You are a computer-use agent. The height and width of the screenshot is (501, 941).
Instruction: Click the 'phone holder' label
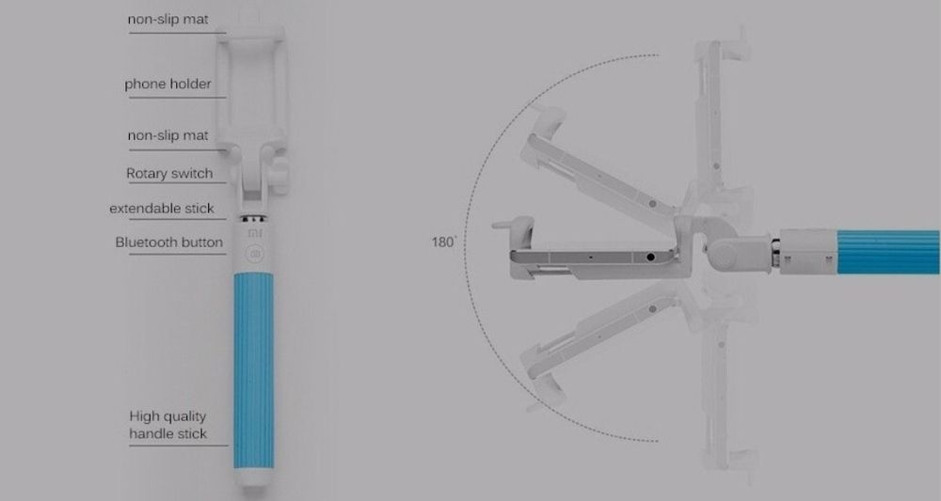pos(168,84)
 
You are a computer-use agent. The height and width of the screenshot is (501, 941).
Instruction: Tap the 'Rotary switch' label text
pos(169,174)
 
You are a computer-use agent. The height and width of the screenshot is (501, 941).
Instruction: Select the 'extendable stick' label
pos(162,209)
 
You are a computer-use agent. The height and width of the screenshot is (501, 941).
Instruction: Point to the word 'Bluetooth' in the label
pos(143,243)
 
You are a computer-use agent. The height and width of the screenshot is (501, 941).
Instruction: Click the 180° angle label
pos(443,243)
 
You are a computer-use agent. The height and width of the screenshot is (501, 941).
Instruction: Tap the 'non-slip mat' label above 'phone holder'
pos(168,19)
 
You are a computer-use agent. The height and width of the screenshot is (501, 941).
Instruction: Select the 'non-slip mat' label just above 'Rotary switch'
pos(168,135)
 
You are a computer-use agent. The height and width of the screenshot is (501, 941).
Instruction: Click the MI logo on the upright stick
pos(255,233)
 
